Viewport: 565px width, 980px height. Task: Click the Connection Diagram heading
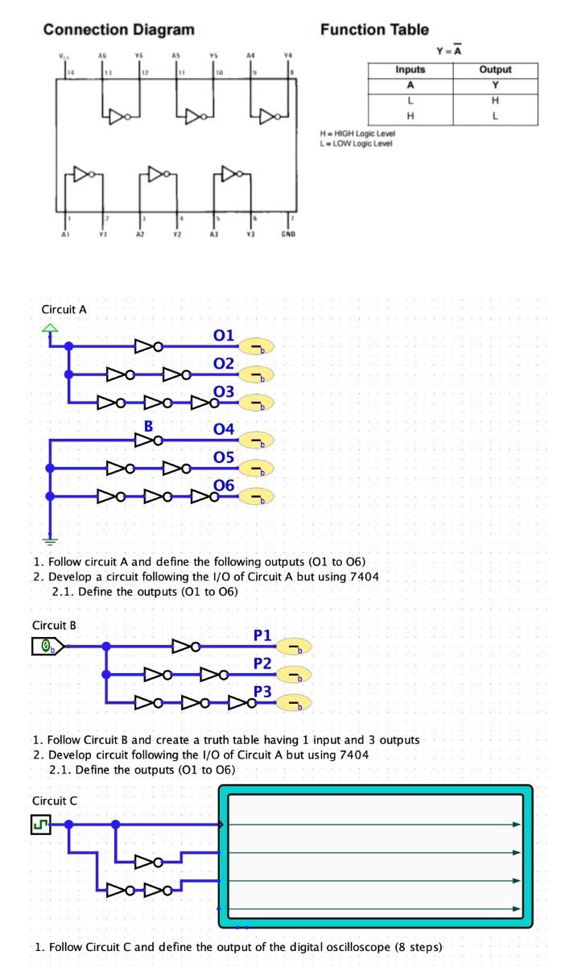(118, 30)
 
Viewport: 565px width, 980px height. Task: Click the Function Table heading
(374, 30)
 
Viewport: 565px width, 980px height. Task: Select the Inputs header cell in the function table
(410, 70)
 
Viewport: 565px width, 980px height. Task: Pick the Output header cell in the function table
(495, 70)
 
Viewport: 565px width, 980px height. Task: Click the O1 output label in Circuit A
(223, 335)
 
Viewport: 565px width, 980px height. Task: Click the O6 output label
(224, 486)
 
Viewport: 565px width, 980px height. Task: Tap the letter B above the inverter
(148, 426)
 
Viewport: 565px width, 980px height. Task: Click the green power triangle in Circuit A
(51, 327)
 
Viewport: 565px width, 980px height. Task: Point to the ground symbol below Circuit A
(51, 542)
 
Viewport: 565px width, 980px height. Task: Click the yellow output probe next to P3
(295, 705)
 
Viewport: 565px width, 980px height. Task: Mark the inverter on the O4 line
(148, 440)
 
